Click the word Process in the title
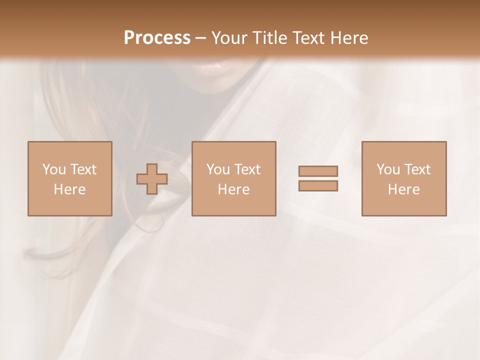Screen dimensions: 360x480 [x=157, y=38]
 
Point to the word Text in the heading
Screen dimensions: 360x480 [x=308, y=38]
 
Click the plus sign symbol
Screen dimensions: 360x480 [x=152, y=179]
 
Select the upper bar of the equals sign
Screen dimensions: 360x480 [x=318, y=171]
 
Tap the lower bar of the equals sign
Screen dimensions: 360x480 [x=318, y=186]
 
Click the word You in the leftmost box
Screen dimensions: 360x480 [x=54, y=169]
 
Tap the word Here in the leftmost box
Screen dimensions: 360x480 [x=69, y=189]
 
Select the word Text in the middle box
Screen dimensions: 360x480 [x=247, y=169]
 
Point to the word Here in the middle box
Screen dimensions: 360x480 [x=233, y=189]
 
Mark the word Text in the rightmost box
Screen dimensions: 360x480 [x=417, y=169]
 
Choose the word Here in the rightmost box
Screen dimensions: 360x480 [x=403, y=189]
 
